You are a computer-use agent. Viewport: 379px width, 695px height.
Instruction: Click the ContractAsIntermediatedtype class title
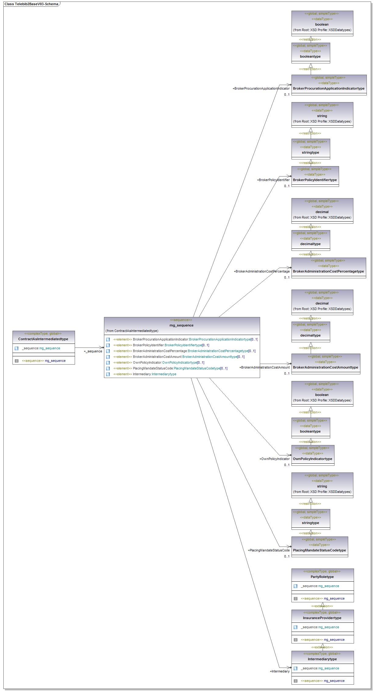(x=43, y=339)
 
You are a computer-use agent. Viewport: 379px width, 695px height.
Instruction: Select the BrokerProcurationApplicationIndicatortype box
(x=329, y=88)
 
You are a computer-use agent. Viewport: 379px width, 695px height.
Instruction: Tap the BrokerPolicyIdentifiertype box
(x=315, y=180)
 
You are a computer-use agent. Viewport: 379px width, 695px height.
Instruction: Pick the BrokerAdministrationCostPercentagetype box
(x=328, y=271)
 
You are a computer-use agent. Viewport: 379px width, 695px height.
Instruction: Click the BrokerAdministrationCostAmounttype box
(x=325, y=367)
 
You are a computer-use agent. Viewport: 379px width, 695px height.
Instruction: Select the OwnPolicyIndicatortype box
(x=313, y=459)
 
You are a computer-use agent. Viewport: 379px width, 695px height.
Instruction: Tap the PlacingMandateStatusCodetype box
(x=319, y=550)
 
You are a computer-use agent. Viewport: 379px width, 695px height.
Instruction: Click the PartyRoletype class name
(x=322, y=577)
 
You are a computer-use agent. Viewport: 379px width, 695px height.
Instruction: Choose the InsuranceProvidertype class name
(x=322, y=618)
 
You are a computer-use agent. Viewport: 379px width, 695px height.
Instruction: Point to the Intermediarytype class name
(x=322, y=659)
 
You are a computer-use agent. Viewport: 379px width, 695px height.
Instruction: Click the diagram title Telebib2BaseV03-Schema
(x=31, y=4)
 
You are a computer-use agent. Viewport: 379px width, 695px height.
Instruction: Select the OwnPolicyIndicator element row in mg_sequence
(x=168, y=362)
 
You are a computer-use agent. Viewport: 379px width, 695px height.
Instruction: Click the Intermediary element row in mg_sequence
(x=154, y=374)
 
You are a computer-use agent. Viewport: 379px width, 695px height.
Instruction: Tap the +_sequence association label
(x=93, y=351)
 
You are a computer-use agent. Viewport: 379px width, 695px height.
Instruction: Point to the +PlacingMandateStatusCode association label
(x=269, y=550)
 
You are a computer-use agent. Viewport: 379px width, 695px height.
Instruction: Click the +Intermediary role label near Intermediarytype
(x=280, y=671)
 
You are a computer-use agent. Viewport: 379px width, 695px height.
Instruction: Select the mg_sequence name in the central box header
(x=181, y=325)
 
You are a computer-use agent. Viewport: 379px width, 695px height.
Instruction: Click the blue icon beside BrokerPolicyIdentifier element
(x=108, y=345)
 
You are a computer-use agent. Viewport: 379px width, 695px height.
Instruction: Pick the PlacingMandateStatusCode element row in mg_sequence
(x=180, y=368)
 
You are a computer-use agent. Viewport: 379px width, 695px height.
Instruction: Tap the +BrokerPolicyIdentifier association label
(x=273, y=180)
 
